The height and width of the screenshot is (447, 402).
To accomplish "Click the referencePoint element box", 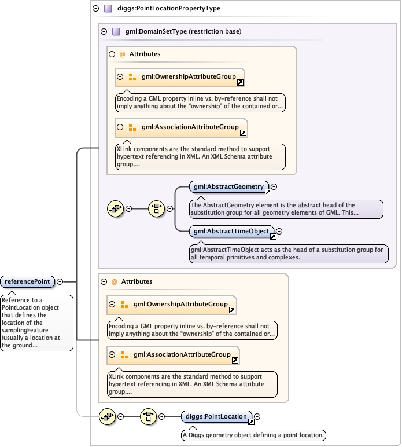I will tap(28, 282).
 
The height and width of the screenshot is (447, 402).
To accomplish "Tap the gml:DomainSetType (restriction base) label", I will tap(183, 32).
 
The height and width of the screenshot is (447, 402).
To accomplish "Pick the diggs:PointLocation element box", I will tap(215, 416).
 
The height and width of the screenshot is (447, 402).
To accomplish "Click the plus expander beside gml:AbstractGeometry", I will tap(274, 186).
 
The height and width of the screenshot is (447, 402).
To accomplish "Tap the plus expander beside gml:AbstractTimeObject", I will tap(279, 232).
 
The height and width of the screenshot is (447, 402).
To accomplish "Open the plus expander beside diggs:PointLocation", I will tap(257, 416).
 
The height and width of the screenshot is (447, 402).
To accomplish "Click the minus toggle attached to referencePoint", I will tap(60, 282).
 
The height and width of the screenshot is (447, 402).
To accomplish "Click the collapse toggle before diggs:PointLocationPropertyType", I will tap(95, 9).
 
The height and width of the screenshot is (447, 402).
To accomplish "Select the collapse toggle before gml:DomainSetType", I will tap(104, 32).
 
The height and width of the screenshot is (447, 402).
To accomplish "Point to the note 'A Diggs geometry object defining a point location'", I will tap(254, 435).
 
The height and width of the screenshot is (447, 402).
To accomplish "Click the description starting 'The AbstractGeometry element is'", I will tap(286, 209).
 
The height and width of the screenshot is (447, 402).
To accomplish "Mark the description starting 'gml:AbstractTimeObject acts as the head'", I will tap(288, 254).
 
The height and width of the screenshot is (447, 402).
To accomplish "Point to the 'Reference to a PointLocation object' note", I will tap(36, 323).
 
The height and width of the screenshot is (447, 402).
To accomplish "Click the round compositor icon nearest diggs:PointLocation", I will tap(149, 416).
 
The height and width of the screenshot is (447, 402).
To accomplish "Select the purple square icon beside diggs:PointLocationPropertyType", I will tap(108, 9).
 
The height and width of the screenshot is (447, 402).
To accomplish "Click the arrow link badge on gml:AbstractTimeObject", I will tap(273, 235).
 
